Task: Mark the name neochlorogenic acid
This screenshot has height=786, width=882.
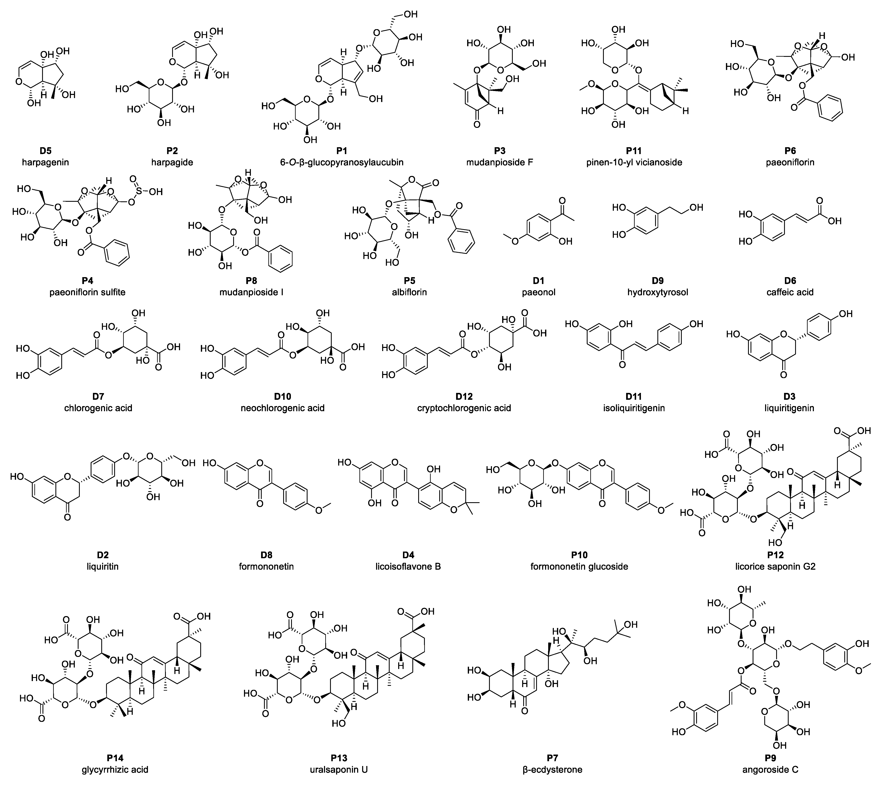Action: (x=283, y=408)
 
